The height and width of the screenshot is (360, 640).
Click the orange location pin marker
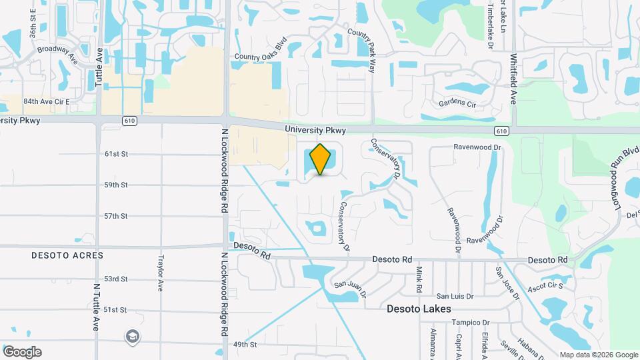tap(321, 159)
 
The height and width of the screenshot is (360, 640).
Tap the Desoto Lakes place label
tap(419, 309)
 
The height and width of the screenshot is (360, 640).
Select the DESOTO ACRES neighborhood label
tap(67, 255)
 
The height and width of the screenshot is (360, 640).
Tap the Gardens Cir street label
tap(457, 104)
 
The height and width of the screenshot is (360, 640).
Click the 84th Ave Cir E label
tap(47, 101)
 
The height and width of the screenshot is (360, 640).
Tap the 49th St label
tap(245, 345)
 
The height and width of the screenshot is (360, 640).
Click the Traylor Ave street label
tap(161, 273)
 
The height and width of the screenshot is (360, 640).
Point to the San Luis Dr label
tap(455, 296)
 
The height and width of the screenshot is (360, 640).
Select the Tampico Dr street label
tap(466, 323)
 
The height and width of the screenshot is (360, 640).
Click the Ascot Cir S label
tap(546, 286)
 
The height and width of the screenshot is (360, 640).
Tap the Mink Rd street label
tap(419, 279)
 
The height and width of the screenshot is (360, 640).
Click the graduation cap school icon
tap(133, 337)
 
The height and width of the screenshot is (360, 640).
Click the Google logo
tap(22, 352)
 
